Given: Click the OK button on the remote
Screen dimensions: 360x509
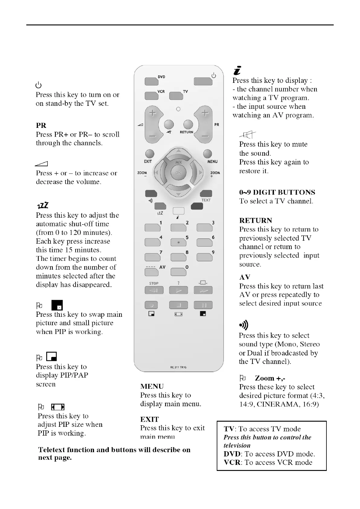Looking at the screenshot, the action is pos(178,173).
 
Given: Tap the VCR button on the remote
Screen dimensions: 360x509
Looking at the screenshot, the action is pos(151,96).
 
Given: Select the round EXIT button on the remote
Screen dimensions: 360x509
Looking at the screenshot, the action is pos(150,154).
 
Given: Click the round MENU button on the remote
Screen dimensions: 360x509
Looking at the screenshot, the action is pos(207,154).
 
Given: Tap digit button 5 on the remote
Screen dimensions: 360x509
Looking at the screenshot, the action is pos(178,242).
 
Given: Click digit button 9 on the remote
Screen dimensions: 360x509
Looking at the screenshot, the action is pos(204,257).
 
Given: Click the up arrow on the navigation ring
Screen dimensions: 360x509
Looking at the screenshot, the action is pos(179,151).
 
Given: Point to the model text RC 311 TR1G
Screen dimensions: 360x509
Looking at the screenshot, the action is pos(178,368).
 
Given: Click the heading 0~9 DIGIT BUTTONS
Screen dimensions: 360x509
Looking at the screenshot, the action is pos(277,192).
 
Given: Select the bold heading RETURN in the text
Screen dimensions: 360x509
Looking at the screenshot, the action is pos(255,220).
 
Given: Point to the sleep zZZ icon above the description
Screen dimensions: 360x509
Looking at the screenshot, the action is pos(43,206).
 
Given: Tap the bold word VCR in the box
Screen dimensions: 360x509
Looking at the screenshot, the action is pos(232,462).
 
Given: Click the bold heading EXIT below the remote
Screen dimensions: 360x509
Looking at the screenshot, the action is pos(149,419).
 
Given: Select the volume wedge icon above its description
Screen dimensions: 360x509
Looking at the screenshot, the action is pos(41,164).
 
